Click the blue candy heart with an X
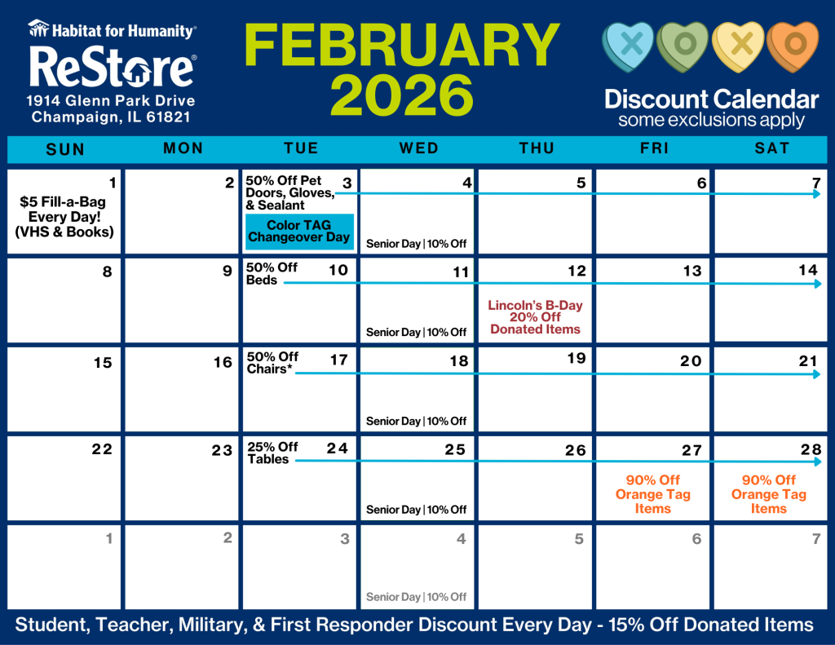629,46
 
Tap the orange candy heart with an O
793,46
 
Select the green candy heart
683,46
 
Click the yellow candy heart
739,46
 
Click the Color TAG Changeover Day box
299,232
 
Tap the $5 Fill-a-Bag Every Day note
64,217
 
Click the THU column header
537,148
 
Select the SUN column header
65,149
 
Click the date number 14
808,270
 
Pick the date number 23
222,450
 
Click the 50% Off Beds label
272,274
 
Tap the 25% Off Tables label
272,453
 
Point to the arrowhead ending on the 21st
817,374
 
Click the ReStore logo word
113,68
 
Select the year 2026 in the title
402,95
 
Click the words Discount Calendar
711,99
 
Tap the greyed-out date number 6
696,539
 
